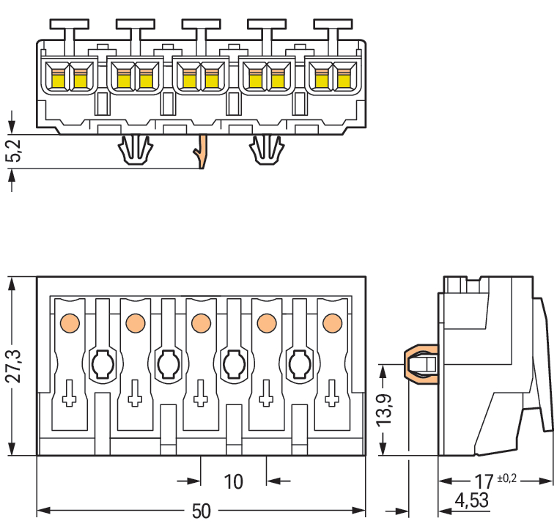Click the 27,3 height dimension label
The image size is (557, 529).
tap(13, 366)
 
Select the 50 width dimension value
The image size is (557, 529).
tap(201, 511)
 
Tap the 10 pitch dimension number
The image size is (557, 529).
tap(233, 482)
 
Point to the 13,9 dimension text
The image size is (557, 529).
tap(383, 410)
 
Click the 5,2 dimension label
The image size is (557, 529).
tap(13, 151)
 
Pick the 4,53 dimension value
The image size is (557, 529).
tap(472, 500)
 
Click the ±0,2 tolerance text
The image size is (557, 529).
tap(507, 478)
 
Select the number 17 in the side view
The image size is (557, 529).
tap(484, 482)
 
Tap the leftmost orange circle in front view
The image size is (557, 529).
tap(70, 323)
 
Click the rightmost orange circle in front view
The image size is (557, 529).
tap(333, 323)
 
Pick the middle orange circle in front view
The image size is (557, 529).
tap(201, 323)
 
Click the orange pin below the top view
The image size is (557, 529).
tap(202, 152)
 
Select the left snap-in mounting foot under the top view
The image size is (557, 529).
tap(136, 149)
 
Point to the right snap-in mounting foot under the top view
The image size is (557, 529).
tap(267, 149)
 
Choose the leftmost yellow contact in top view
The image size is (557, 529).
tap(58, 79)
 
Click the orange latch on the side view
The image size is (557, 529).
tap(420, 364)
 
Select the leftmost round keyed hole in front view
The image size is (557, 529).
tap(103, 364)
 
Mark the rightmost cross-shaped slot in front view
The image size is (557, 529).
tap(332, 393)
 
